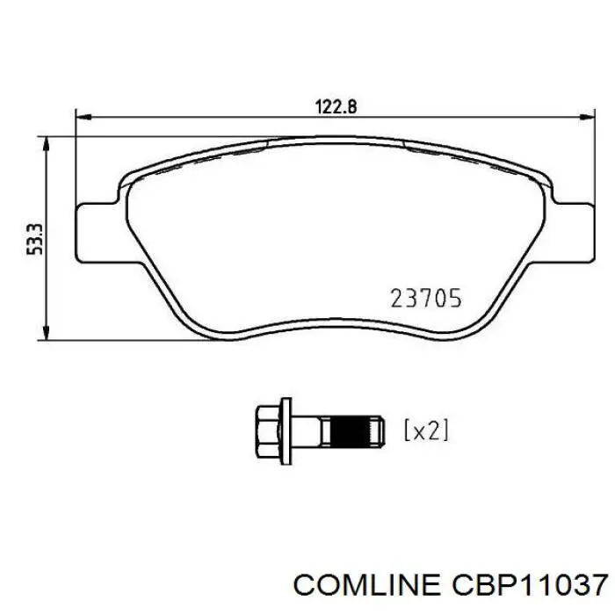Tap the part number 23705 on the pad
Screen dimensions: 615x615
click(424, 299)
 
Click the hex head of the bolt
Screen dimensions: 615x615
click(267, 430)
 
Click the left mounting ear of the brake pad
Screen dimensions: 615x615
click(98, 232)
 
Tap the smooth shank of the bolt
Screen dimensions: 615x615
click(309, 430)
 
